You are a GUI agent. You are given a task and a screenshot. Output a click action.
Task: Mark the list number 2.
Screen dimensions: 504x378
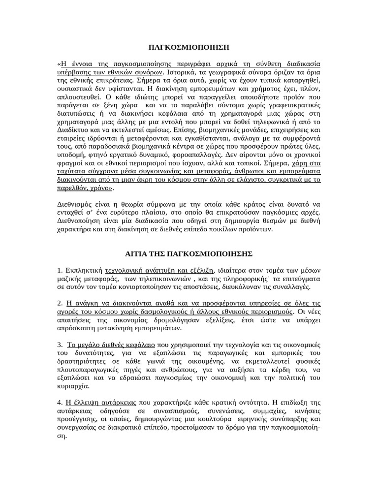click(60, 304)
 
